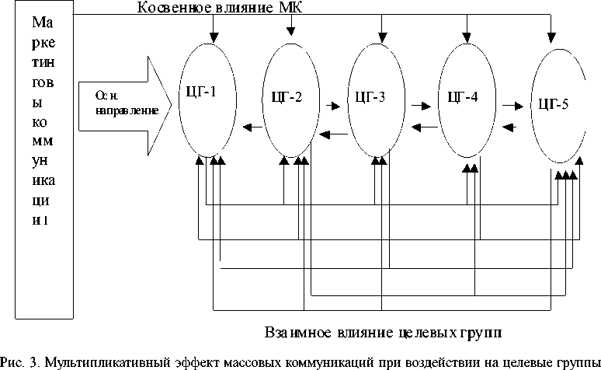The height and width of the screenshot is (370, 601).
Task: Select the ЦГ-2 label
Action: click(x=287, y=99)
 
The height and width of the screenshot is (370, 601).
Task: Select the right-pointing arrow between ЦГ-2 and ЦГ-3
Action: click(x=333, y=101)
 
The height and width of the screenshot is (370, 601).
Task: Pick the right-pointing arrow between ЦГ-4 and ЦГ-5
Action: click(x=511, y=101)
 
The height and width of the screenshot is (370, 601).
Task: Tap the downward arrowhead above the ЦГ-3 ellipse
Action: click(x=381, y=37)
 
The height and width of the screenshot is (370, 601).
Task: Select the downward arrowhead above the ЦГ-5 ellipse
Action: click(x=551, y=37)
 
